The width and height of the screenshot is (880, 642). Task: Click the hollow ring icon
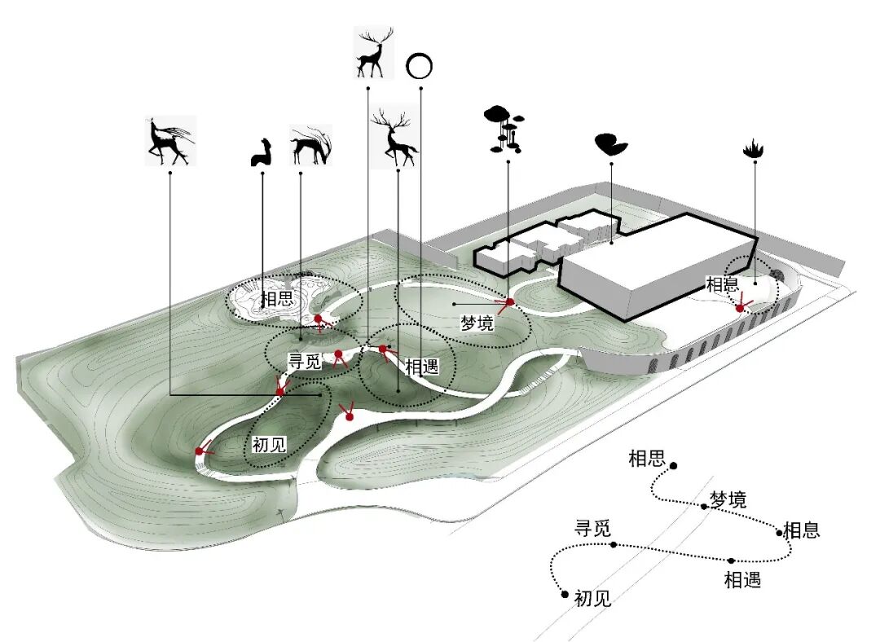pos(419,66)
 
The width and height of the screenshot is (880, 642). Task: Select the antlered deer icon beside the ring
pos(373,52)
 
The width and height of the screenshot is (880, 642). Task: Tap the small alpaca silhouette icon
pos(260,153)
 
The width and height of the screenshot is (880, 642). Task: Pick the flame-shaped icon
pos(754,150)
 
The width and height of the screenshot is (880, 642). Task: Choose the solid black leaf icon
pos(610,145)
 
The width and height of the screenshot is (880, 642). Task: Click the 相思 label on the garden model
pos(276,299)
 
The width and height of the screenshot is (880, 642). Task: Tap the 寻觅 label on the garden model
pos(305,361)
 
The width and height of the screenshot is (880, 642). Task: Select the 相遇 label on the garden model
pos(421,367)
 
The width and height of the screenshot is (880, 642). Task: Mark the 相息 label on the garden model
pos(722,285)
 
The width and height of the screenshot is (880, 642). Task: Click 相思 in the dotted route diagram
pos(647,459)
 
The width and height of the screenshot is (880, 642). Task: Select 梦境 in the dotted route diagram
pos(728,499)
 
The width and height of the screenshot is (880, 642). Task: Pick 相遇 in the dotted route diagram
pos(742,580)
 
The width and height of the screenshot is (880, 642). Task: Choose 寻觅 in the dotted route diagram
pos(592,528)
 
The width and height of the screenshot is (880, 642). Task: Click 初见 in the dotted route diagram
pos(592,599)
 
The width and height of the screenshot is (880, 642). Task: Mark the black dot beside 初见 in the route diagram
pos(565,595)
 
